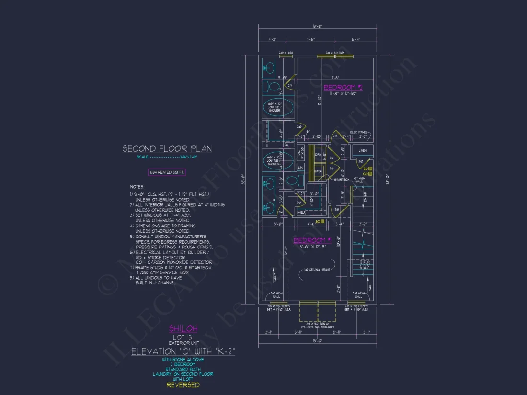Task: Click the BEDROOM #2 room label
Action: pos(343,87)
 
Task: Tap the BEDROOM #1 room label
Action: pos(312,240)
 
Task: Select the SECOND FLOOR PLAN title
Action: pos(167,149)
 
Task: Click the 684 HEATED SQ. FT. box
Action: pos(167,172)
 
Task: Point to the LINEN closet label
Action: pos(363,151)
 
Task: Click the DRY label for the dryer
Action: pos(318,155)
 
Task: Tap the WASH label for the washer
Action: pos(318,171)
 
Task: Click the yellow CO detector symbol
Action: pos(370,174)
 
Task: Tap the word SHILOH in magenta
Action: pos(183,328)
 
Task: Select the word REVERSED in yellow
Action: pos(183,385)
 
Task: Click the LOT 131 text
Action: pos(183,337)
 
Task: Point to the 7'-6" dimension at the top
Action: pos(311,40)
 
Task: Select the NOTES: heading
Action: pos(137,187)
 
